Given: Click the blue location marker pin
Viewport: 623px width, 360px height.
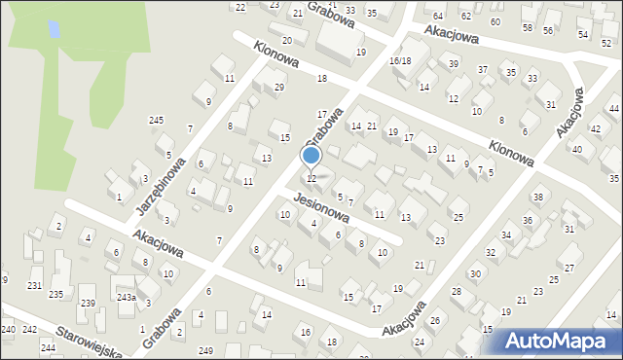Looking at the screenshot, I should pos(311,157).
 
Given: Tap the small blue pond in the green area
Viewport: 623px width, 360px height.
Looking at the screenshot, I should pos(53,30).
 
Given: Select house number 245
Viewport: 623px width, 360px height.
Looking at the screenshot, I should pos(156,120).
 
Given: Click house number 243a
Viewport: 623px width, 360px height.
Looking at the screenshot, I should pos(126,298).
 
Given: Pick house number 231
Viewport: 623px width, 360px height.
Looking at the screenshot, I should pos(34,285).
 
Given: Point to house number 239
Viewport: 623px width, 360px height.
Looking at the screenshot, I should pos(88,304).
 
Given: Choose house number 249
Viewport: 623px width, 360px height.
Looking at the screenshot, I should pos(204,350).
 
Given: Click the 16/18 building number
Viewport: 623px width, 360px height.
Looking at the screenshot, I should pos(400,60).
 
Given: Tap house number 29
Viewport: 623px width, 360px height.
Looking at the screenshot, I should pos(279,88).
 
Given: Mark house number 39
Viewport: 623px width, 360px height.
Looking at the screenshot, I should pos(454,63).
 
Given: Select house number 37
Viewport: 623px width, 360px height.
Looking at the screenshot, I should pos(483,69).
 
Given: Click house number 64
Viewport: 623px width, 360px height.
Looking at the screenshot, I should pos(438,17).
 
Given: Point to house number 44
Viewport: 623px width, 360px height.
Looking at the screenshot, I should pos(614,108).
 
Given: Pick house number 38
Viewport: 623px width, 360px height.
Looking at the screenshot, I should pos(537,198).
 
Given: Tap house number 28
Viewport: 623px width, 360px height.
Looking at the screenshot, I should pos(456,292).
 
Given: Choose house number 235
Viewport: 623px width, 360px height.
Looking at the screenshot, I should pos(56,294).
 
